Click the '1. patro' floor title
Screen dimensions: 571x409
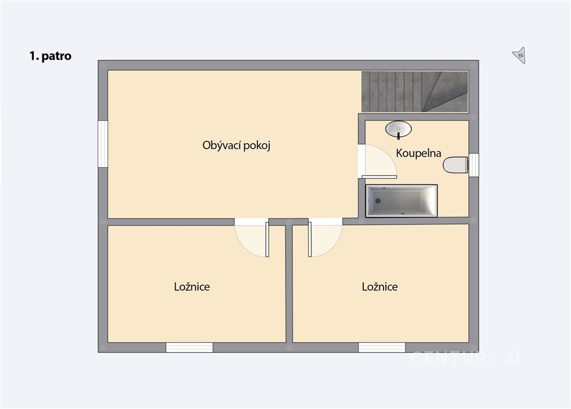(50, 56)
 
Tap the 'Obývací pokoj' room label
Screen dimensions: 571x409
(236, 145)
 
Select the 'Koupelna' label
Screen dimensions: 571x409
(418, 153)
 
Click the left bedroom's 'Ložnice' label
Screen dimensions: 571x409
(192, 287)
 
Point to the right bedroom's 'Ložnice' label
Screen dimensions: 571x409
(380, 287)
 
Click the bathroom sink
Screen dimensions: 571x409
(398, 129)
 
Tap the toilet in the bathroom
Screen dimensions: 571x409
(455, 165)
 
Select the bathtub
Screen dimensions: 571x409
(401, 201)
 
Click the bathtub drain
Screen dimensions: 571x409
(378, 201)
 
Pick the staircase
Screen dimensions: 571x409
(415, 92)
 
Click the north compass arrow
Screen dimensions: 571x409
(519, 55)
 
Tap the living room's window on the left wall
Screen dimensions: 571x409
(103, 144)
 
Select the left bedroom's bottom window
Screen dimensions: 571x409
(190, 348)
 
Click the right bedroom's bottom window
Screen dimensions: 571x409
(381, 348)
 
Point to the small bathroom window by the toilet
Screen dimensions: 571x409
(474, 165)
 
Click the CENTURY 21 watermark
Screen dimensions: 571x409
(465, 357)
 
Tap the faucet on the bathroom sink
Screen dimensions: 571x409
(398, 136)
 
